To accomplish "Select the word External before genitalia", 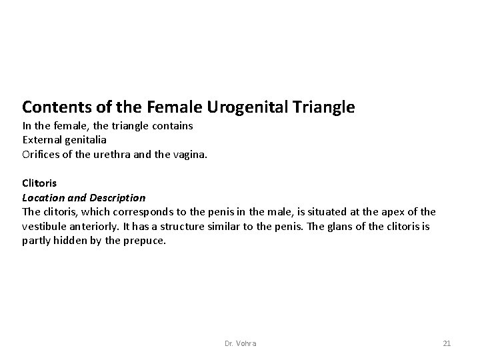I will (42, 140).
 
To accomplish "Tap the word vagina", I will (192, 154).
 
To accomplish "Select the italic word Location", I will (44, 197).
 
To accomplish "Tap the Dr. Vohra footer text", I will (241, 343).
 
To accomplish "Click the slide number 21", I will (447, 343).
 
